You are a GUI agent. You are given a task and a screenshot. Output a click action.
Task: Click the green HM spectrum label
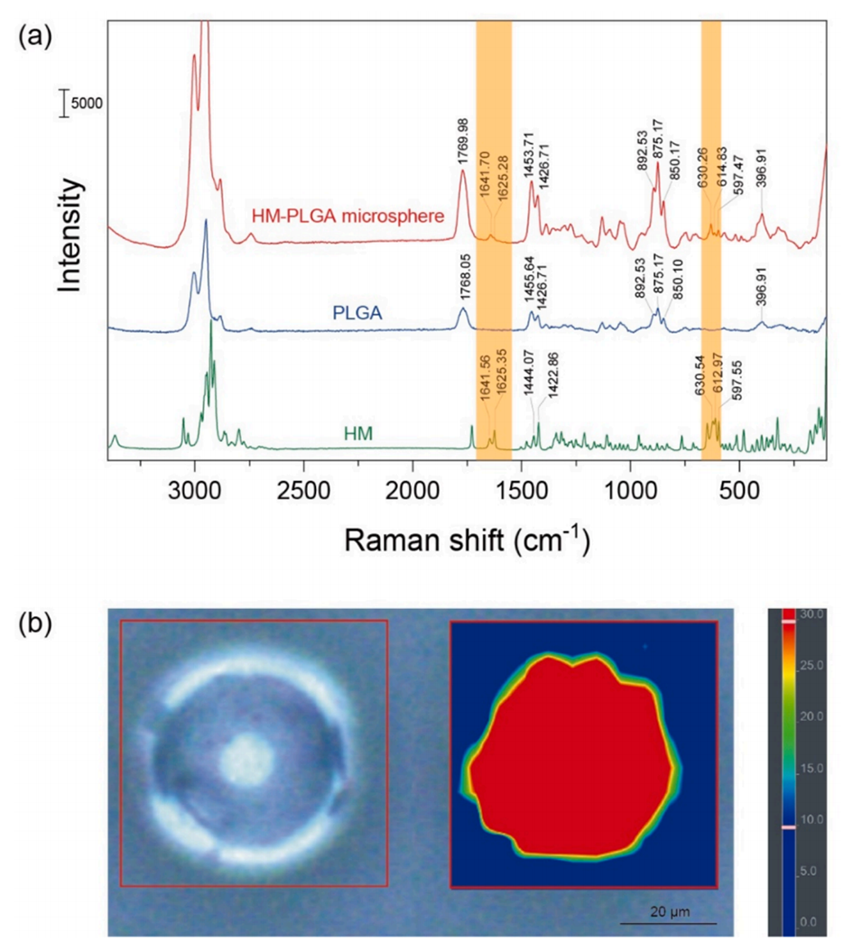(359, 434)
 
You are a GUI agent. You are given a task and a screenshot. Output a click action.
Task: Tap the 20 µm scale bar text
(668, 911)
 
